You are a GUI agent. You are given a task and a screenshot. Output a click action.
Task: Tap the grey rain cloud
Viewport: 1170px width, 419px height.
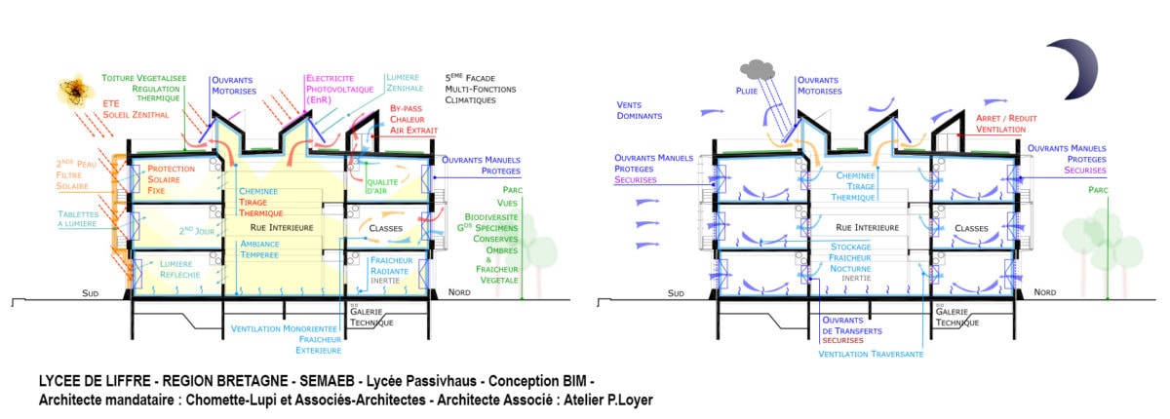click(x=757, y=69)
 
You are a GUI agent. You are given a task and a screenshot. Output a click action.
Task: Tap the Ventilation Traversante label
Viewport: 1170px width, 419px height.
click(x=871, y=356)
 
